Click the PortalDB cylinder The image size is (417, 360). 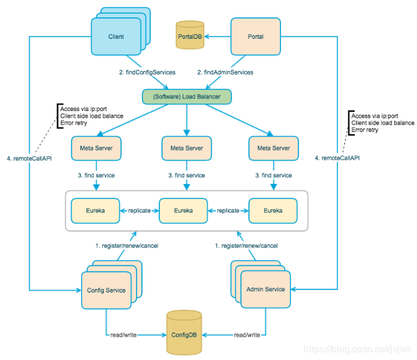pyautogui.click(x=190, y=35)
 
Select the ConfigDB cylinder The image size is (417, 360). pyautogui.click(x=184, y=333)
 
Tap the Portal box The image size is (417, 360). pyautogui.click(x=255, y=36)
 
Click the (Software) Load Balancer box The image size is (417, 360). pyautogui.click(x=187, y=97)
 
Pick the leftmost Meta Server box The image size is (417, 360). pyautogui.click(x=96, y=148)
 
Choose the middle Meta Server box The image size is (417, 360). pyautogui.click(x=187, y=148)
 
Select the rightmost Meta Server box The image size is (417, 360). pyautogui.click(x=274, y=148)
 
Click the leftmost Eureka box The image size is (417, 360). pyautogui.click(x=95, y=211)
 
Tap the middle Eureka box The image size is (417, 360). pyautogui.click(x=183, y=211)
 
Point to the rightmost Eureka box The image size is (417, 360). pyautogui.click(x=273, y=211)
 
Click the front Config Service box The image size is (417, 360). pyautogui.click(x=106, y=290)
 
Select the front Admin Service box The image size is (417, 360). pyautogui.click(x=265, y=289)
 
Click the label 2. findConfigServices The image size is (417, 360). pyautogui.click(x=147, y=72)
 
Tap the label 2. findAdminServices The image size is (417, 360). pyautogui.click(x=226, y=72)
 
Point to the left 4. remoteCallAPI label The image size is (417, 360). pyautogui.click(x=29, y=159)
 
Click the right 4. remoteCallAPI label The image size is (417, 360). pyautogui.click(x=337, y=158)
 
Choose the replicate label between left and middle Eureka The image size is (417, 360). pyautogui.click(x=140, y=211)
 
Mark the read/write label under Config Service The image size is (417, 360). pyautogui.click(x=123, y=335)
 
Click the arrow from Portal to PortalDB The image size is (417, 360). pyautogui.click(x=218, y=36)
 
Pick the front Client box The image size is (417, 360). pyautogui.click(x=116, y=36)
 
